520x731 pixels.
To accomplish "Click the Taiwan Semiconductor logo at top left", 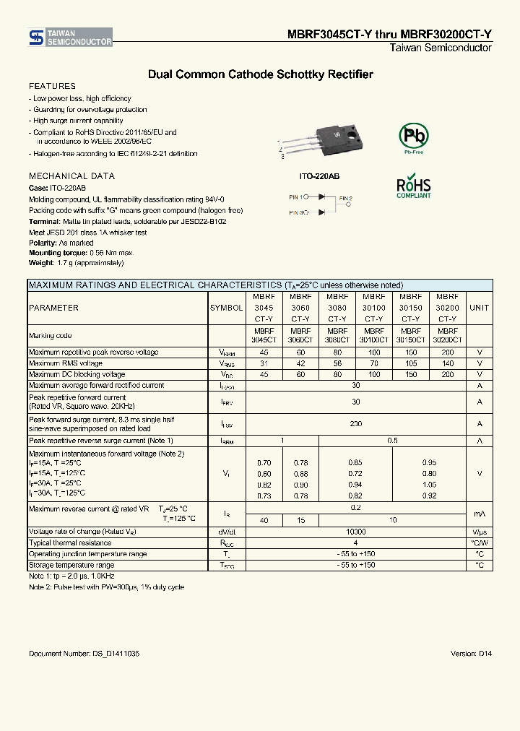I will coord(70,38).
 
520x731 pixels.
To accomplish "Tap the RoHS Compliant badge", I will coord(414,186).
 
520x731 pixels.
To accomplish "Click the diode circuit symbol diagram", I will coord(321,204).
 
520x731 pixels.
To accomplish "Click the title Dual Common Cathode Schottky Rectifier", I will coord(260,74).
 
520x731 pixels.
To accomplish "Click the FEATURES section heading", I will coord(52,86).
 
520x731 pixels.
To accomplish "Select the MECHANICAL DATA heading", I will coord(71,176).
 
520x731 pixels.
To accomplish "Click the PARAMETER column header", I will coord(53,308).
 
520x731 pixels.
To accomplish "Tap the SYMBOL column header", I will coord(226,308).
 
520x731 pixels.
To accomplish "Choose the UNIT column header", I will coord(479,308).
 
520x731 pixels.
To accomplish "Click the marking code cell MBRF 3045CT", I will coord(264,335).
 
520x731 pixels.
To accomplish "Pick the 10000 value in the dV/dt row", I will coord(355,531).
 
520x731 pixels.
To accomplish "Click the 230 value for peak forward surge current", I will coord(355,424).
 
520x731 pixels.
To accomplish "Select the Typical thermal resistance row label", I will coord(69,542).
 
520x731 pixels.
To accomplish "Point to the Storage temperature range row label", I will coord(71,565).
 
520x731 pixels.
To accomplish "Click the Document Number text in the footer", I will coord(84,653).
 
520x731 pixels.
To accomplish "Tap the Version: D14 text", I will coord(471,653).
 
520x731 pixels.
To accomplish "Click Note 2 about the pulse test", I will coord(106,587).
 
